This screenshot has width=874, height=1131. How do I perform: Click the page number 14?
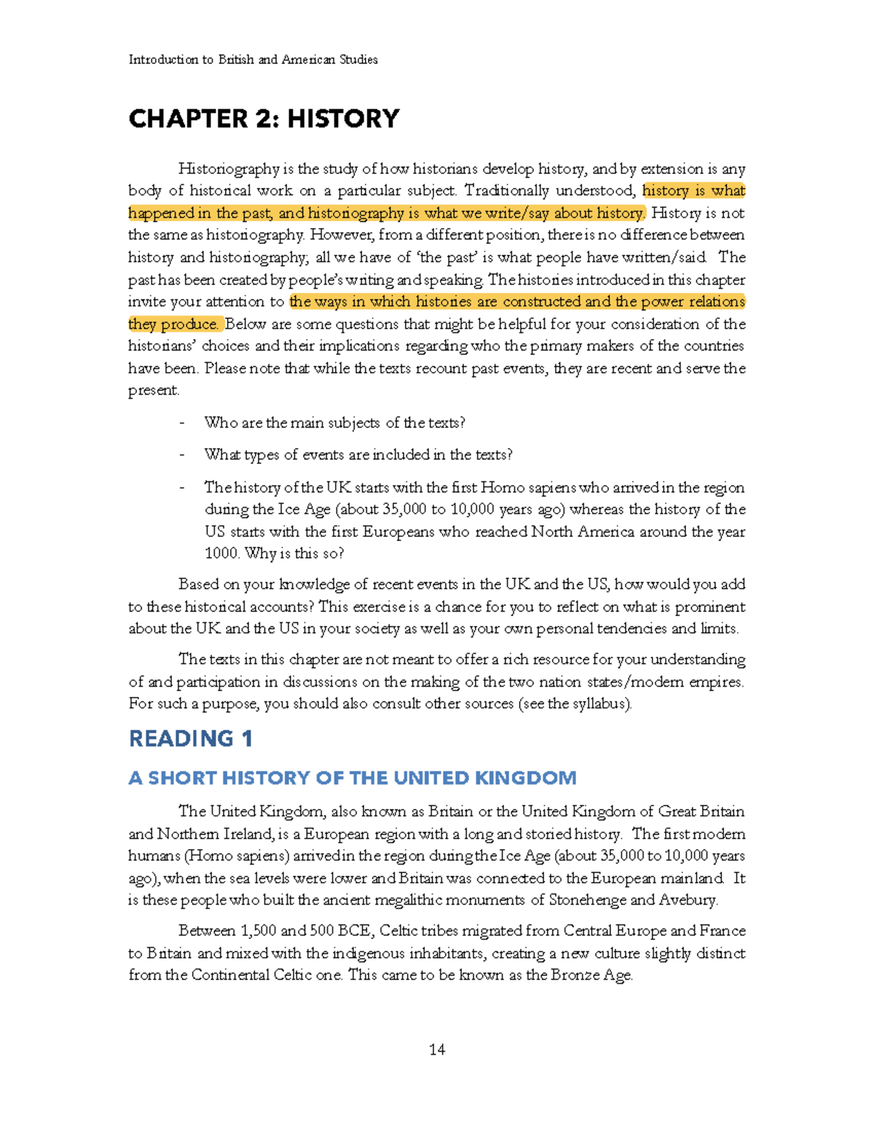(x=437, y=1049)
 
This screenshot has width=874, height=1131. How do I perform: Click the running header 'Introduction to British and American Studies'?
(x=253, y=60)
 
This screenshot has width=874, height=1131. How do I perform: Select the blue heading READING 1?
(x=191, y=738)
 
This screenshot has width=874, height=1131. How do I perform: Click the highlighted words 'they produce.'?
(x=174, y=324)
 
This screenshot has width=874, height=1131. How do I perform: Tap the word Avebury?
(x=688, y=900)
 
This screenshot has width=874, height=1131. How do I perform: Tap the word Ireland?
(x=241, y=834)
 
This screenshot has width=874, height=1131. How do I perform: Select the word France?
(x=722, y=931)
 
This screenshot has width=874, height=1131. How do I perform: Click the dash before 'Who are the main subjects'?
(x=182, y=423)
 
